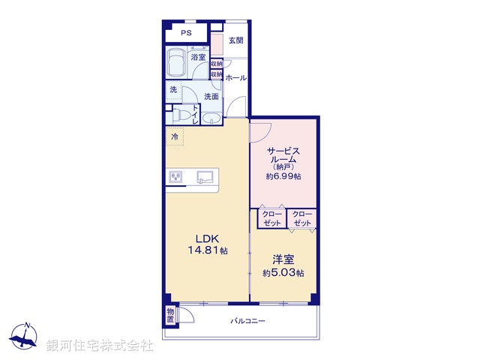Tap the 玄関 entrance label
(x=235, y=40)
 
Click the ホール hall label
(x=235, y=78)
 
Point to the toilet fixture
(x=181, y=115)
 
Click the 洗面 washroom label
(x=211, y=97)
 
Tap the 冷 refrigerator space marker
(x=175, y=136)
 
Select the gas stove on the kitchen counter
(x=178, y=177)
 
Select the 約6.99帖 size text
(x=283, y=176)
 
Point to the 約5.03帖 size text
(x=283, y=273)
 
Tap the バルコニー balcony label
(x=247, y=321)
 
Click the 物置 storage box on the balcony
(x=170, y=314)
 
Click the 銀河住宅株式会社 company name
(x=100, y=346)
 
